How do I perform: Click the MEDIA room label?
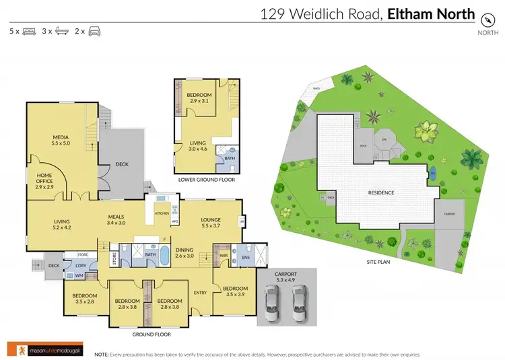click(x=61, y=140)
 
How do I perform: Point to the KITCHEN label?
click(x=162, y=213)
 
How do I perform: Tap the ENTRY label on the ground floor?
click(x=201, y=292)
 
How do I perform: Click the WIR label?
click(x=222, y=254)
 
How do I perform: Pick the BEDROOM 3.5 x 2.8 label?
click(x=85, y=299)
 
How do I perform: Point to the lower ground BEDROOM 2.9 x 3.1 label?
click(x=199, y=98)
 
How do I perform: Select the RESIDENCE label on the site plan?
click(x=380, y=192)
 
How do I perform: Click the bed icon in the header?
click(x=29, y=31)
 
